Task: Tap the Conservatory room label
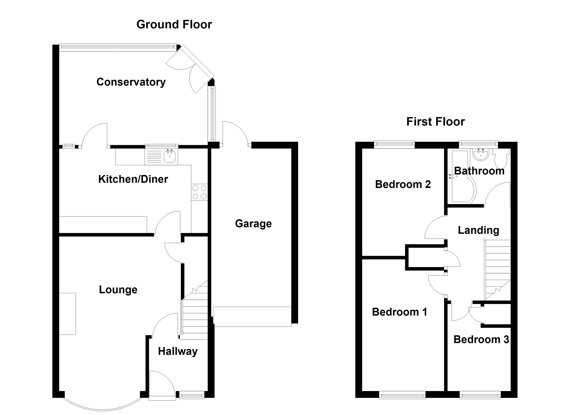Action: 131,82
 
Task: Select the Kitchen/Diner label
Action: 133,179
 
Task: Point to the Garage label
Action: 253,223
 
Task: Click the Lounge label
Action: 118,290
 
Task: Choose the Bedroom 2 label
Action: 403,185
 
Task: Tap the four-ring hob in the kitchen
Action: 199,192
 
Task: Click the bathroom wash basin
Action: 480,154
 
